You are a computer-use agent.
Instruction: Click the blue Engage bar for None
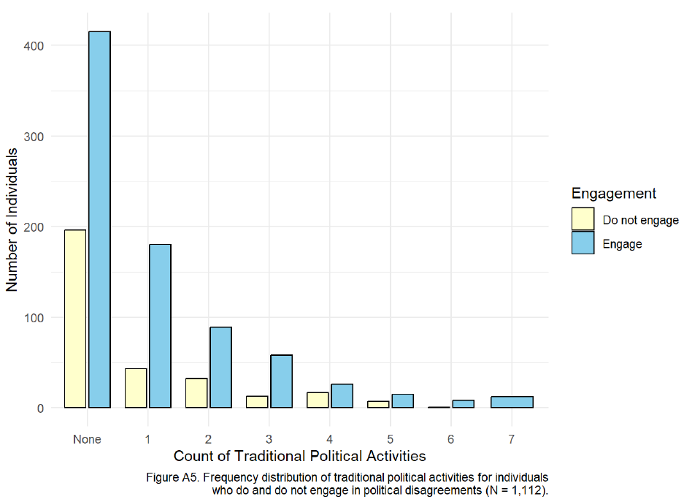(x=99, y=219)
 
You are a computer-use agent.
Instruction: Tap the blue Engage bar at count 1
(x=160, y=326)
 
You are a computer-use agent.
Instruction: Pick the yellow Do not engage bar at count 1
(x=136, y=388)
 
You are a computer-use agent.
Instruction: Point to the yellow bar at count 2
(x=196, y=393)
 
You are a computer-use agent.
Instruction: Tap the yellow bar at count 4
(x=318, y=400)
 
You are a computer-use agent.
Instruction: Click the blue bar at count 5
(x=402, y=400)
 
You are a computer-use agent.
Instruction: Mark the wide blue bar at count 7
(x=512, y=402)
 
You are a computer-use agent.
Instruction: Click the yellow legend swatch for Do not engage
(x=583, y=219)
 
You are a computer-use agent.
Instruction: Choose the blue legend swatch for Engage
(x=583, y=243)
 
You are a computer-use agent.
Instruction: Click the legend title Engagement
(x=613, y=194)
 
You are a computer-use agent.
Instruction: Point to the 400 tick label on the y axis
(x=34, y=46)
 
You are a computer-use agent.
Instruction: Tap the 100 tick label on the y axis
(x=34, y=318)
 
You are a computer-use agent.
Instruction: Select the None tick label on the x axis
(x=87, y=439)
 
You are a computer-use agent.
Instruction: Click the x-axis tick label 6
(x=451, y=439)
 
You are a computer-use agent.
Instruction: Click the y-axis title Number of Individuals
(x=13, y=219)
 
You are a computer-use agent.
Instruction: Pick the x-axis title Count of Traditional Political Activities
(x=299, y=457)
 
